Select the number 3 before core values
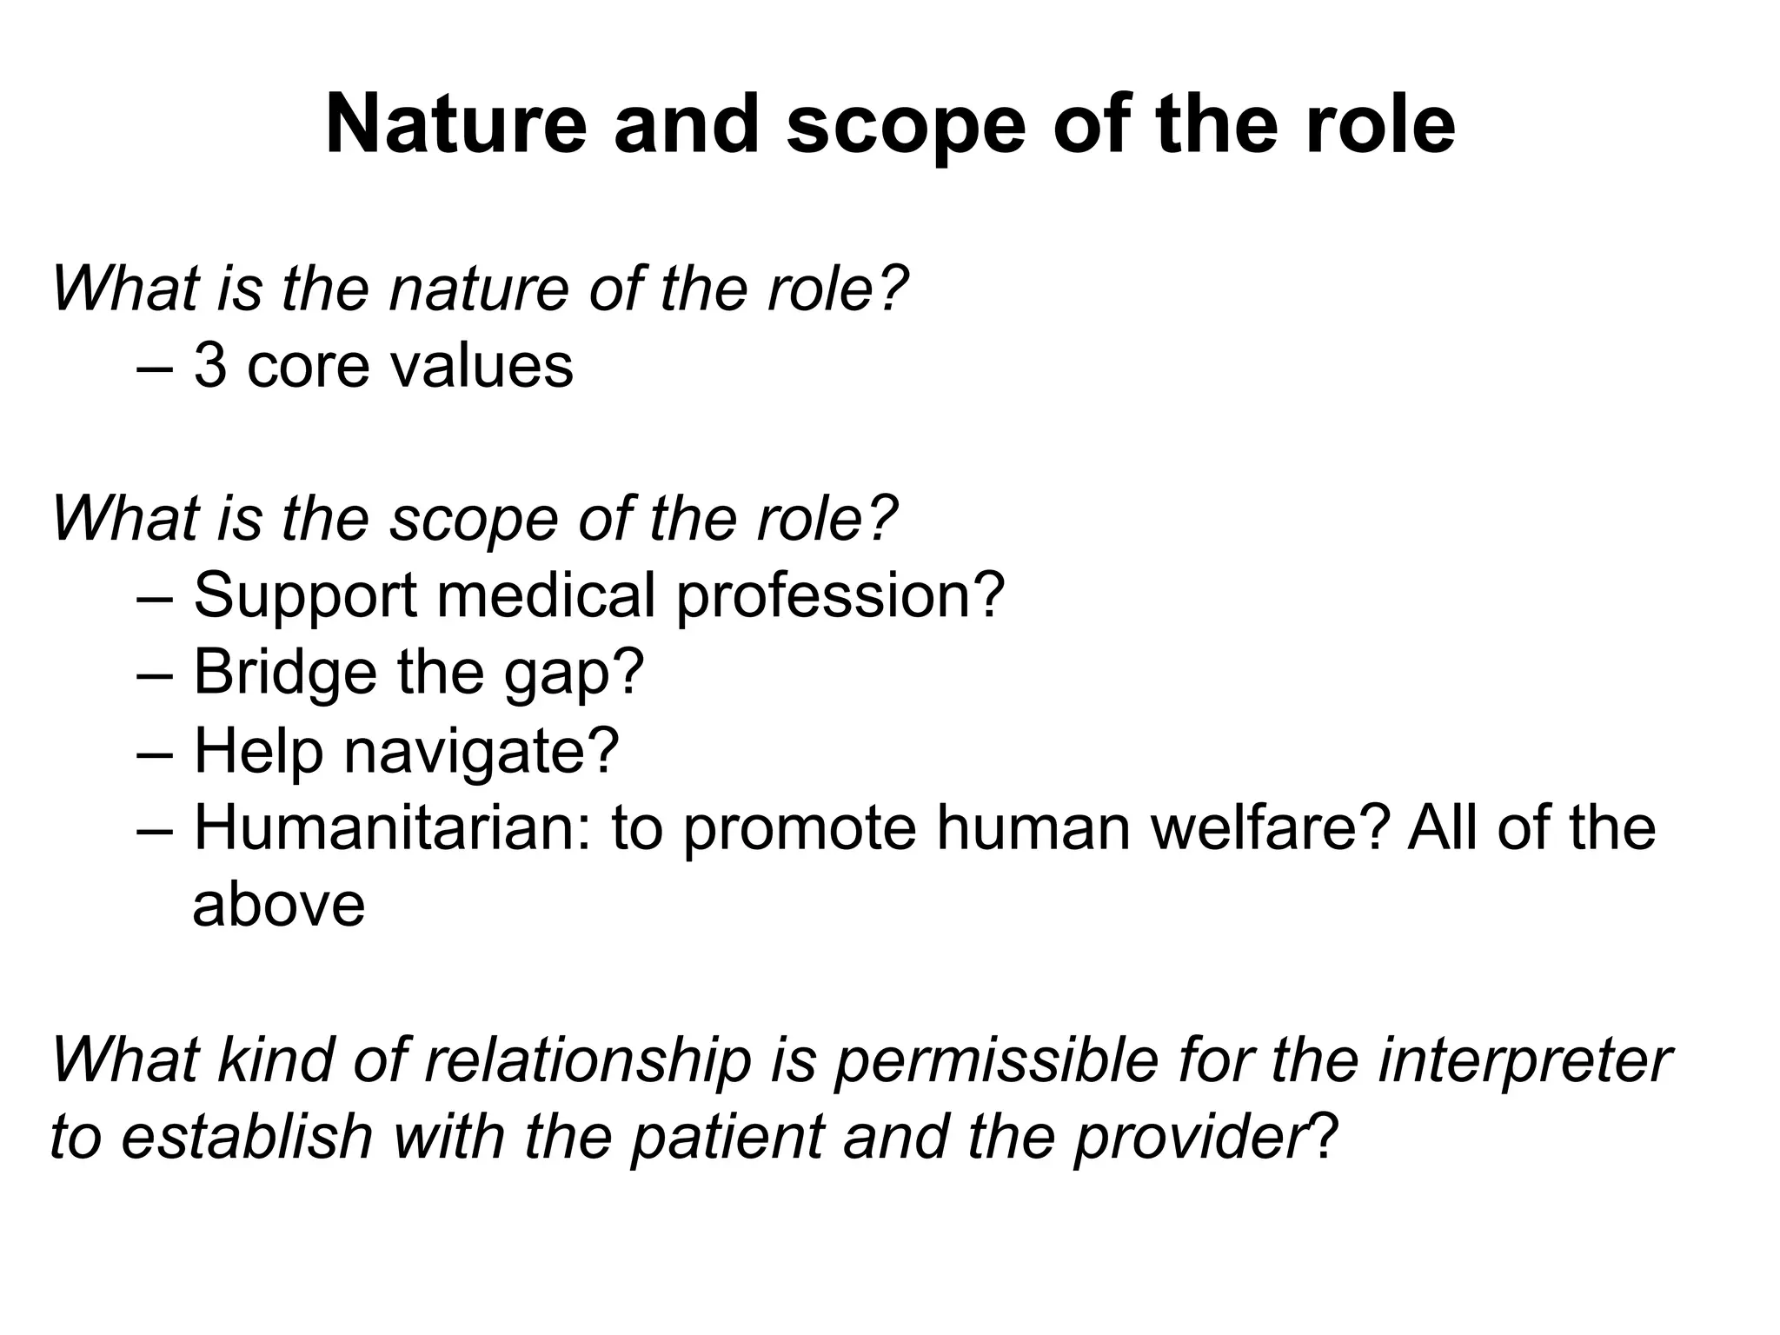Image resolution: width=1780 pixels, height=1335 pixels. click(x=209, y=366)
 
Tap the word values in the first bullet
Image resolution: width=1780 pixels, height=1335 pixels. click(x=482, y=366)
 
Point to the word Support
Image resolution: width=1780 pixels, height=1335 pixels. click(x=305, y=597)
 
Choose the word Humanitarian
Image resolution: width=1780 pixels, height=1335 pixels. click(x=392, y=827)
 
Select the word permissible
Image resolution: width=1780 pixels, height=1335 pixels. click(x=996, y=1062)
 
